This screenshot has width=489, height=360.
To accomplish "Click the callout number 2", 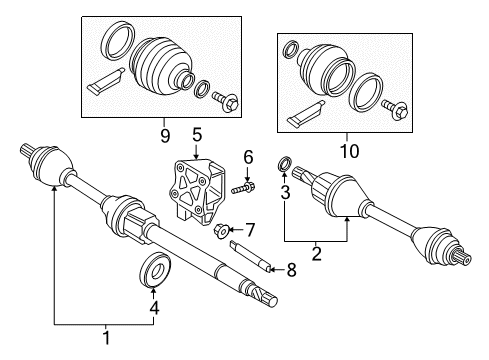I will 317,254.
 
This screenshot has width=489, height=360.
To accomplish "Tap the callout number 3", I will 284,191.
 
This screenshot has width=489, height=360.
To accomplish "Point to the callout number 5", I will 197,134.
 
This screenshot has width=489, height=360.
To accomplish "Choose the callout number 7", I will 251,229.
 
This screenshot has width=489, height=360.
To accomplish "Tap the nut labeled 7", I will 222,232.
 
